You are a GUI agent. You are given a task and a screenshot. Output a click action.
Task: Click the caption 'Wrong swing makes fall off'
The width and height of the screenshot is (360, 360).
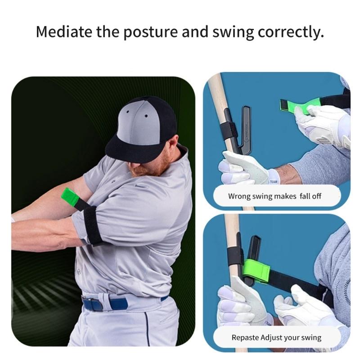274,196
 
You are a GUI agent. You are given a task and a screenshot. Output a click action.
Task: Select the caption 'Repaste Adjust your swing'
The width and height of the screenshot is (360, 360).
276,337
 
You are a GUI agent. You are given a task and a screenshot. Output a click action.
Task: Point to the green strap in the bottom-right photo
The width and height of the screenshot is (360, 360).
256,270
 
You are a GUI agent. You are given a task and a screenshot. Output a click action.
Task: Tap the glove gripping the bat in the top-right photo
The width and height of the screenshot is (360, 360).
238,169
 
